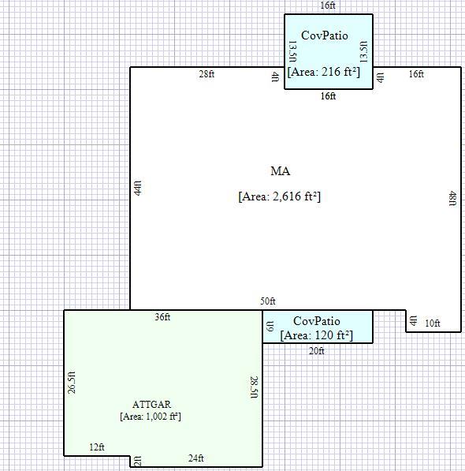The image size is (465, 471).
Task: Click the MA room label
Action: [x=281, y=171]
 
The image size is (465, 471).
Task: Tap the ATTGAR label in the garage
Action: [x=151, y=404]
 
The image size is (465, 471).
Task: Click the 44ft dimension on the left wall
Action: [x=137, y=188]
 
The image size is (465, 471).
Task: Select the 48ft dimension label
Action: [x=452, y=198]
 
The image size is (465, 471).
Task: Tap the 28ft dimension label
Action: [x=206, y=74]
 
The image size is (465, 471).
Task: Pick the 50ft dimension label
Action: [x=268, y=301]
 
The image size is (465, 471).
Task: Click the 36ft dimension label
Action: [x=162, y=317]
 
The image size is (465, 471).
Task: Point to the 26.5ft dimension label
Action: [x=72, y=383]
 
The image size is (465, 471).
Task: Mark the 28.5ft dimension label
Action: [x=254, y=387]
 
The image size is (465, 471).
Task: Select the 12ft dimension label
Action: [x=97, y=447]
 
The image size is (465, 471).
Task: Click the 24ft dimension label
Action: [x=196, y=458]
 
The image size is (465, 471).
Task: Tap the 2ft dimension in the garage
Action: [x=137, y=461]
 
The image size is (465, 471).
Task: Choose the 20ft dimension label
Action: [x=317, y=351]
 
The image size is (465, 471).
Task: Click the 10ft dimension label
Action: [x=433, y=323]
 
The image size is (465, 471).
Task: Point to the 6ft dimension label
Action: [x=270, y=326]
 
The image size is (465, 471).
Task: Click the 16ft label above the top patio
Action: [x=328, y=6]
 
